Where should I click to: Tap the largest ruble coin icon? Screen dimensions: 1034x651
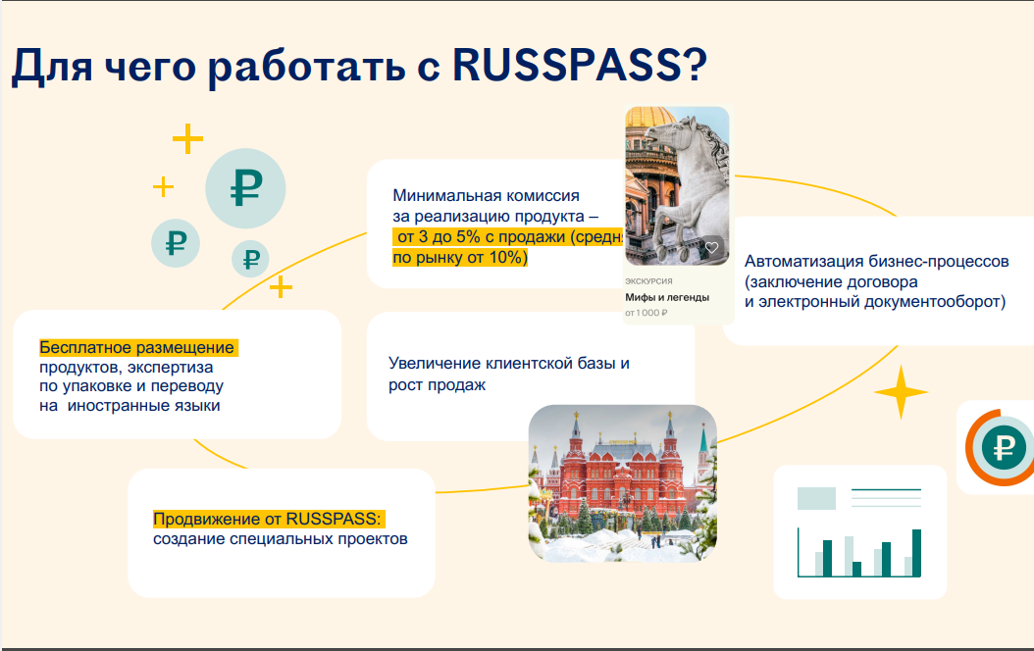tap(245, 188)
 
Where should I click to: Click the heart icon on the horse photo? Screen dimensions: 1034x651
tap(711, 248)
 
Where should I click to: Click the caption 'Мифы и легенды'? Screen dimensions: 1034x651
tap(667, 297)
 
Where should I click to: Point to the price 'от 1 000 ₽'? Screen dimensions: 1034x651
tap(646, 313)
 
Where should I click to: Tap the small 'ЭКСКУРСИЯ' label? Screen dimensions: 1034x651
tap(648, 281)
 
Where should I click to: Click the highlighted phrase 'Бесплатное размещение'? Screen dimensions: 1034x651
tap(136, 347)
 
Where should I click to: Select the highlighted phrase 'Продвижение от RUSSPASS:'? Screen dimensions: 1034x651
tap(267, 519)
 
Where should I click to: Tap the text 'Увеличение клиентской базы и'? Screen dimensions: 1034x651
tap(508, 363)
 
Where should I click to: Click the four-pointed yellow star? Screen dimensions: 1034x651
tap(901, 392)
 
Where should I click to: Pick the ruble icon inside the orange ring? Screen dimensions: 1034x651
tap(1004, 448)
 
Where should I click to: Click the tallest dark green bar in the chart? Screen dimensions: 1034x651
tap(916, 553)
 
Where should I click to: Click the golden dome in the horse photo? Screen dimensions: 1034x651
tap(648, 118)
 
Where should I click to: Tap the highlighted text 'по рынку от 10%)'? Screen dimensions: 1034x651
tap(460, 257)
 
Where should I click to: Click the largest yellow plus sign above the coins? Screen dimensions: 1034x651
tap(188, 139)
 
